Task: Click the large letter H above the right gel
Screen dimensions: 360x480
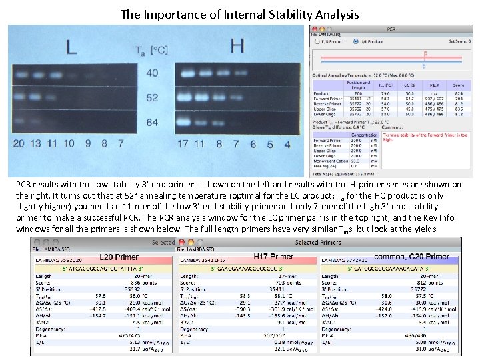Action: click(236, 45)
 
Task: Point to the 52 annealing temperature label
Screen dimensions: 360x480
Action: click(152, 98)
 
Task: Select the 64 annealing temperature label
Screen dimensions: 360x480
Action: click(152, 123)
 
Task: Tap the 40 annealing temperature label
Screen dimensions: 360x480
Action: click(152, 73)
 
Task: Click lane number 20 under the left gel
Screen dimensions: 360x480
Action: click(19, 143)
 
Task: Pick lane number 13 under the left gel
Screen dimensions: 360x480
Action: click(35, 143)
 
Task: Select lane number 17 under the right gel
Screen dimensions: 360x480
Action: click(183, 143)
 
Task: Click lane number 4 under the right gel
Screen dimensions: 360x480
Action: click(287, 143)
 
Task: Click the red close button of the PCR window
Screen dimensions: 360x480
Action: click(314, 29)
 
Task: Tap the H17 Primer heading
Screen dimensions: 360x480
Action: click(273, 257)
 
